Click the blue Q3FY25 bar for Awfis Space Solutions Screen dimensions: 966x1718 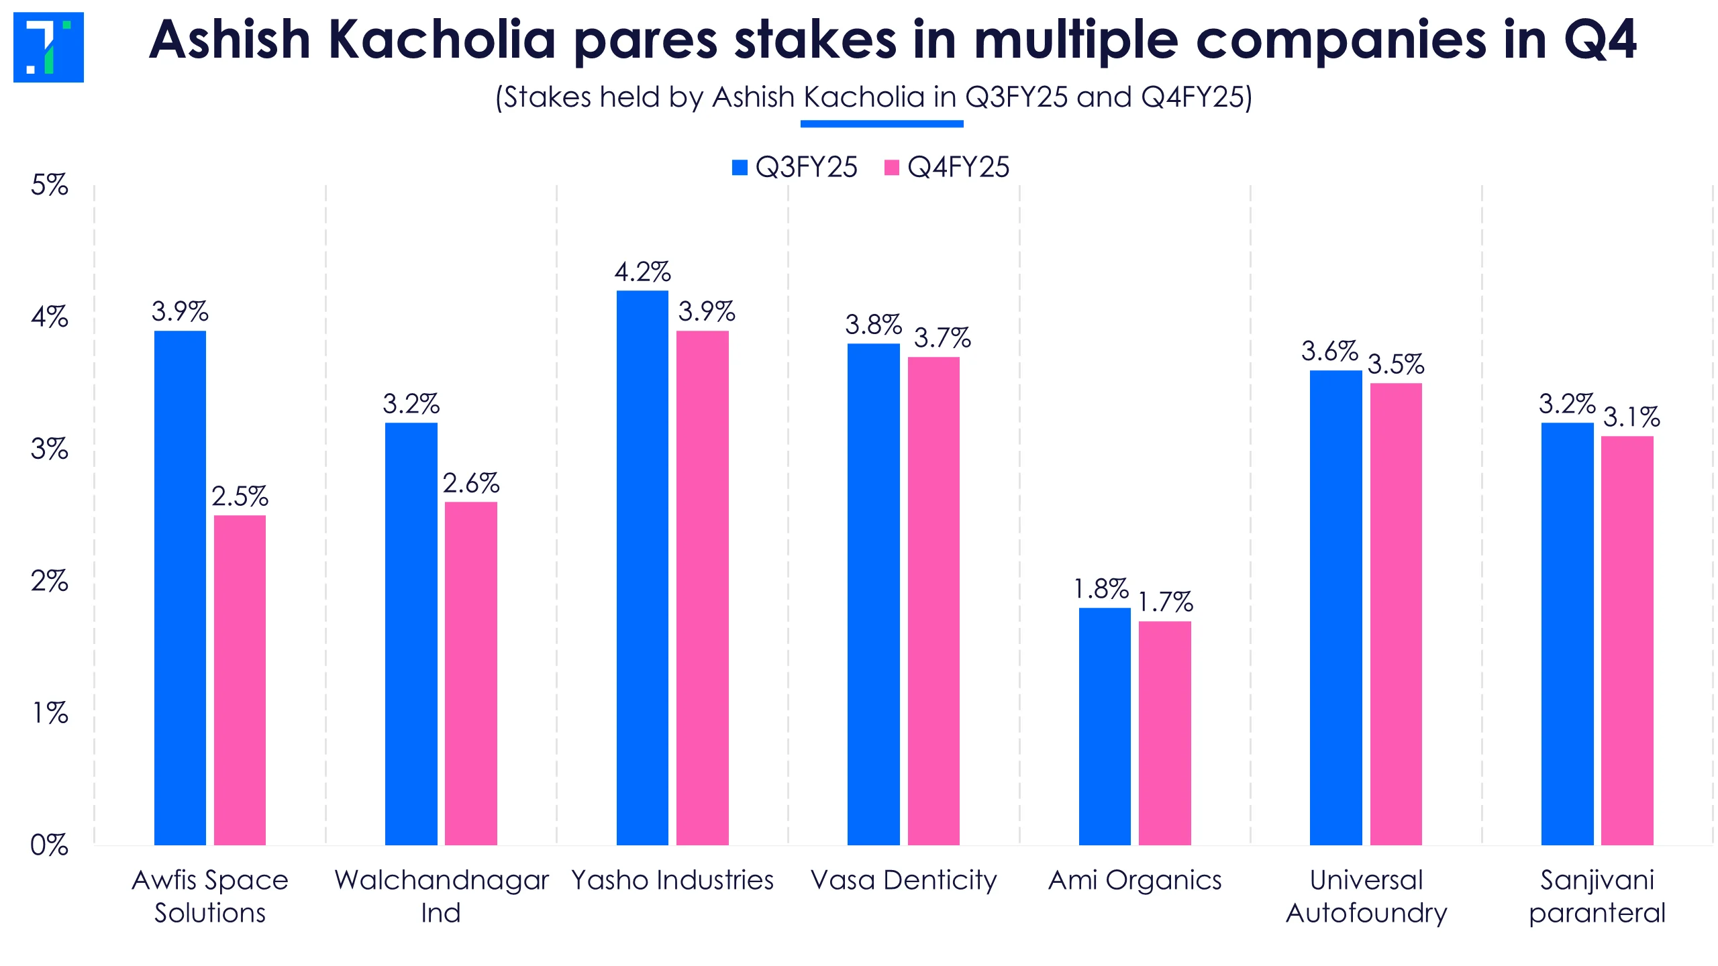point(180,587)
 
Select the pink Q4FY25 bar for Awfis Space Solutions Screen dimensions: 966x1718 point(240,680)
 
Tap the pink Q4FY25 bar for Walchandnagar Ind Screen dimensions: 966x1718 point(471,673)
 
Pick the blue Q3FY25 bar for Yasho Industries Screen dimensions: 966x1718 point(642,567)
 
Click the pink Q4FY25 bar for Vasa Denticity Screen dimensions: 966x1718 point(933,600)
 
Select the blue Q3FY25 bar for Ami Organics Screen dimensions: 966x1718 point(1105,726)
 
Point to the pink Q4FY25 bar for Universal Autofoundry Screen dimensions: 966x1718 point(1396,614)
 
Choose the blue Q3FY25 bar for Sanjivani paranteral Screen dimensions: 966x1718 point(1567,633)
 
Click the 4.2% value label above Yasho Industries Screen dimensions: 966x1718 point(642,272)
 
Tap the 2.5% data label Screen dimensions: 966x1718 point(240,496)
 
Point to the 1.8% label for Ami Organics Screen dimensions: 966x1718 point(1101,589)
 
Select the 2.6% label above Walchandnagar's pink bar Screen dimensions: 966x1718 point(471,483)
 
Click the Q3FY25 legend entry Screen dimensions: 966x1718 point(795,167)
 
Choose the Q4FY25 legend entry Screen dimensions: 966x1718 point(947,167)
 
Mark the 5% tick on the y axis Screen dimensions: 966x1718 point(49,185)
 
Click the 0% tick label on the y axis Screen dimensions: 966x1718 point(49,845)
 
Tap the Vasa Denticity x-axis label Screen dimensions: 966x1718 point(903,880)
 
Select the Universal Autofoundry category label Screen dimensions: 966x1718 point(1366,896)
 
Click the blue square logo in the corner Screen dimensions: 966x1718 point(48,47)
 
